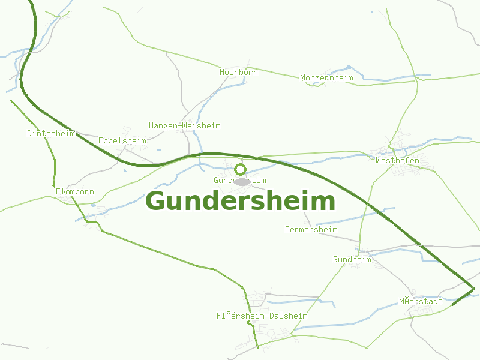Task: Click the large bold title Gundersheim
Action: click(240, 201)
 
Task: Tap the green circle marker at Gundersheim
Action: click(240, 169)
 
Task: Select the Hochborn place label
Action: click(238, 72)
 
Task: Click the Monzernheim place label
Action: click(326, 78)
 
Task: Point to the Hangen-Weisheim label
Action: click(184, 126)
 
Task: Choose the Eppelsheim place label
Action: click(122, 141)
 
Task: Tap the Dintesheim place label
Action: click(51, 133)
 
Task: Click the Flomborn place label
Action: click(74, 192)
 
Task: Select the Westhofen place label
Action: click(397, 161)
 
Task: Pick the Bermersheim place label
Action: click(311, 230)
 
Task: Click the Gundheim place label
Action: click(352, 260)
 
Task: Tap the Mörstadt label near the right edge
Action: click(420, 301)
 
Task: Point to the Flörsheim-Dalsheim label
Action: click(262, 316)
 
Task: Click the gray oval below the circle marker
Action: click(242, 181)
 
